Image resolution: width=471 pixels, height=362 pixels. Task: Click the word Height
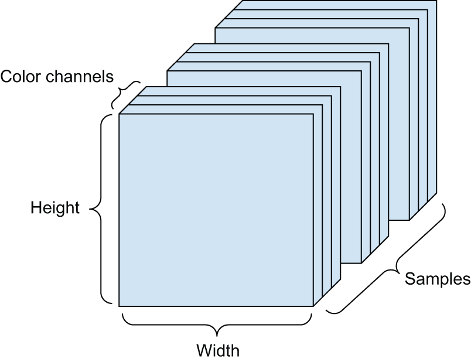pyautogui.click(x=55, y=208)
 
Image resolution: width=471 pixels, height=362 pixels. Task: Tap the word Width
pyautogui.click(x=217, y=351)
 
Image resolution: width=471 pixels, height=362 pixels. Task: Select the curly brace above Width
pyautogui.click(x=217, y=322)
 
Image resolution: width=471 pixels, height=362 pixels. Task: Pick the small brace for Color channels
pyautogui.click(x=127, y=94)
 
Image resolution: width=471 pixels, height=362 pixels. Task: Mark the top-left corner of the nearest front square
pyautogui.click(x=119, y=114)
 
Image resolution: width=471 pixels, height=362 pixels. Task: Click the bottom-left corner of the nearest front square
pyautogui.click(x=119, y=306)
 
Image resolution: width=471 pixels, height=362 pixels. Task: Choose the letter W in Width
pyautogui.click(x=203, y=351)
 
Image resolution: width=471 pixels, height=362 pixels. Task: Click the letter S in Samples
pyautogui.click(x=409, y=279)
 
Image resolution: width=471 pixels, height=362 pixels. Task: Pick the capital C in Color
pyautogui.click(x=6, y=76)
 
